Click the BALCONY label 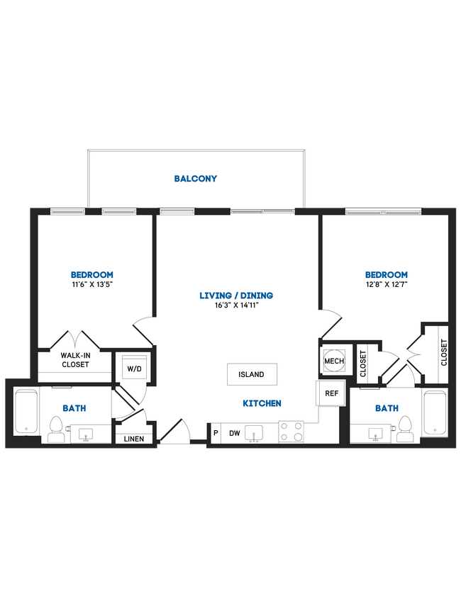[x=196, y=179]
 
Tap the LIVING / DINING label [x=236, y=296]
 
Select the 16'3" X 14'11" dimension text [x=236, y=305]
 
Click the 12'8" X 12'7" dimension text [x=387, y=285]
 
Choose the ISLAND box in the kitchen [x=252, y=374]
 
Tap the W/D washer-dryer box [x=133, y=369]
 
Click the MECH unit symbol [x=334, y=361]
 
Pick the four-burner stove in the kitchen [x=291, y=432]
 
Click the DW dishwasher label [x=233, y=432]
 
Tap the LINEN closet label [x=134, y=439]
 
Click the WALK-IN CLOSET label [x=74, y=360]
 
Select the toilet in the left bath [x=56, y=427]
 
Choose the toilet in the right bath [x=405, y=427]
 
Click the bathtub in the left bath [x=26, y=412]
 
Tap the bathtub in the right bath [x=435, y=412]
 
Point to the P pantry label [x=215, y=432]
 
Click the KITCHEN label [x=262, y=403]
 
